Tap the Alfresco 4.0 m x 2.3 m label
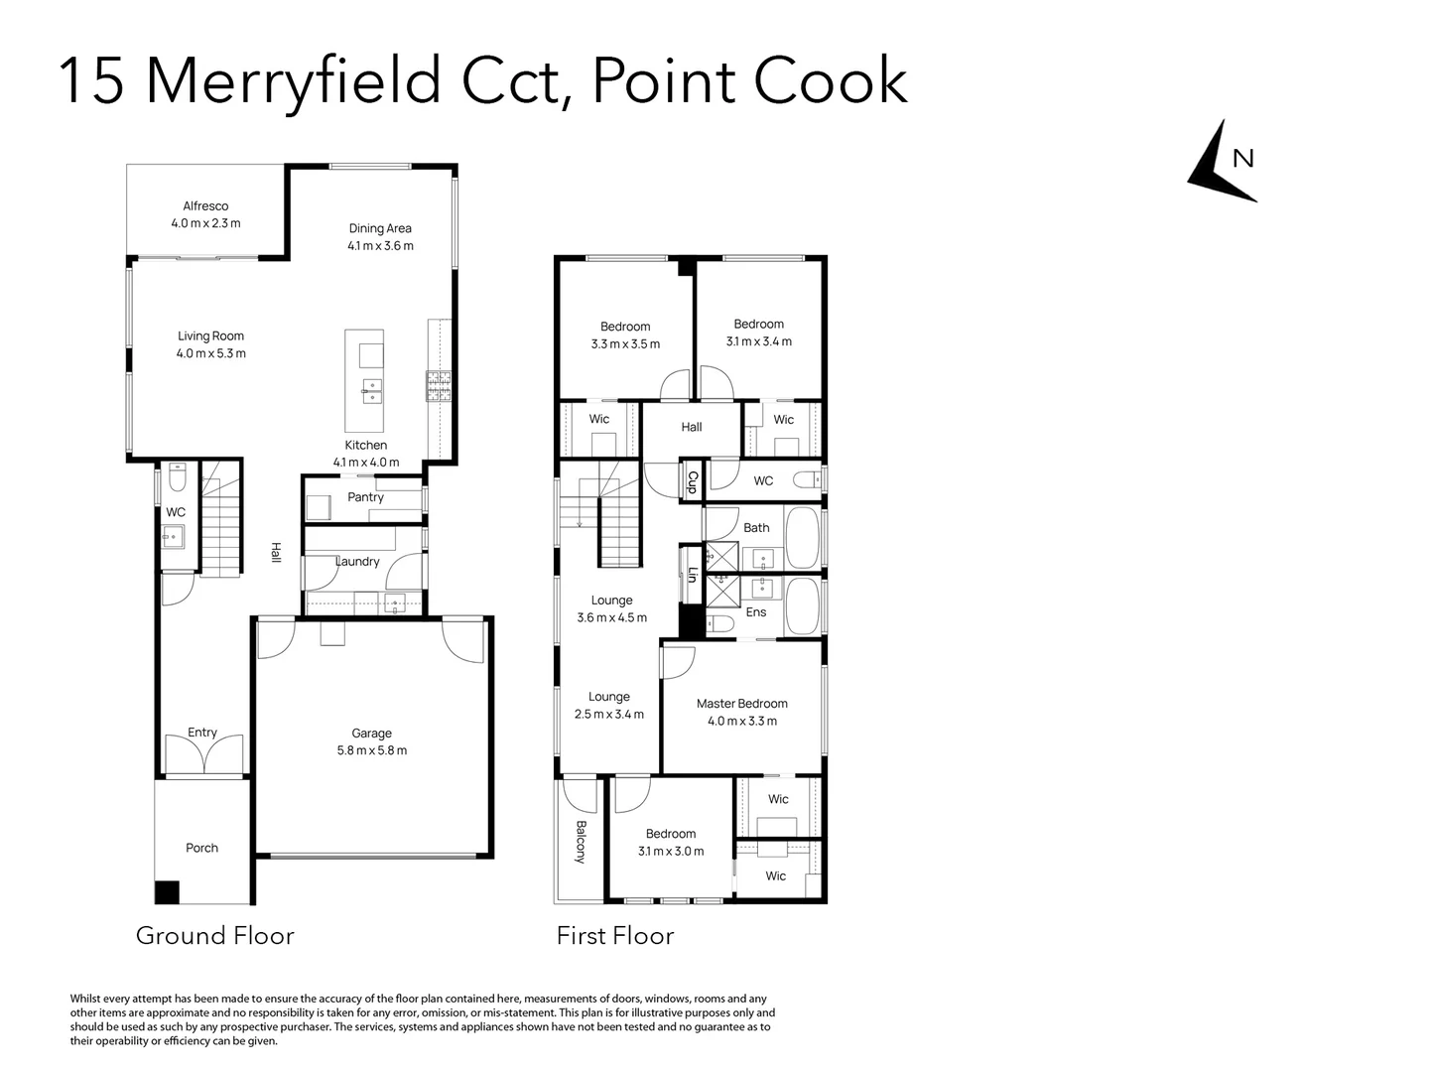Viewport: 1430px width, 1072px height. click(x=205, y=214)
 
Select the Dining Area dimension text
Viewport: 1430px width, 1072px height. click(x=380, y=246)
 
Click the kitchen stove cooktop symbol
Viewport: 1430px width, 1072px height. click(x=439, y=385)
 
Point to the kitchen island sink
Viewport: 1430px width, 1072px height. click(x=372, y=391)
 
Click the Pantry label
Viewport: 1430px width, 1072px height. click(x=365, y=497)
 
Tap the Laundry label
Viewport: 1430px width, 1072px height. click(x=357, y=561)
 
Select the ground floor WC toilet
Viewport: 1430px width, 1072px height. click(x=178, y=477)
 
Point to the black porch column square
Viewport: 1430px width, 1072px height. click(x=167, y=892)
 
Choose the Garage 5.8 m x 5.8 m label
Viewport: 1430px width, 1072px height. click(x=372, y=741)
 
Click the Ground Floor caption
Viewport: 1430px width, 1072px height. click(x=215, y=936)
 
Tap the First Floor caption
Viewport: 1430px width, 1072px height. click(x=615, y=936)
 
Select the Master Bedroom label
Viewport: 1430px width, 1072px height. click(x=742, y=703)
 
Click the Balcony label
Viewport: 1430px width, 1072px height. click(x=582, y=842)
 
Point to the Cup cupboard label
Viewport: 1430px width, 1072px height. click(x=693, y=481)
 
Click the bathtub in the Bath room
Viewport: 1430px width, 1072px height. click(x=803, y=538)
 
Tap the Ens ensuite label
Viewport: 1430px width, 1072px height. click(x=756, y=611)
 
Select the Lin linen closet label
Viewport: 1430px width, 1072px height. click(x=693, y=574)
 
